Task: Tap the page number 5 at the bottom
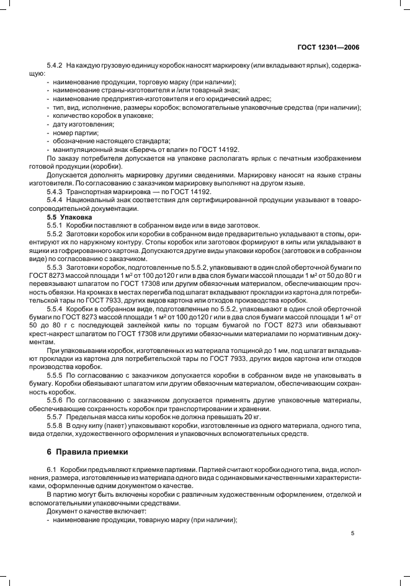[x=352, y=533]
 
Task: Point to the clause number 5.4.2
[x=56, y=65]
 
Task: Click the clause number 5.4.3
[x=56, y=192]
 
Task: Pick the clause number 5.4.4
[x=56, y=200]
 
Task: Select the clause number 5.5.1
[x=56, y=226]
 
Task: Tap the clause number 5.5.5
[x=56, y=376]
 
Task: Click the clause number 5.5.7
[x=56, y=417]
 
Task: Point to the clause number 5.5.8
[x=56, y=426]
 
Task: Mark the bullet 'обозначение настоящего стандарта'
[x=107, y=141]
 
